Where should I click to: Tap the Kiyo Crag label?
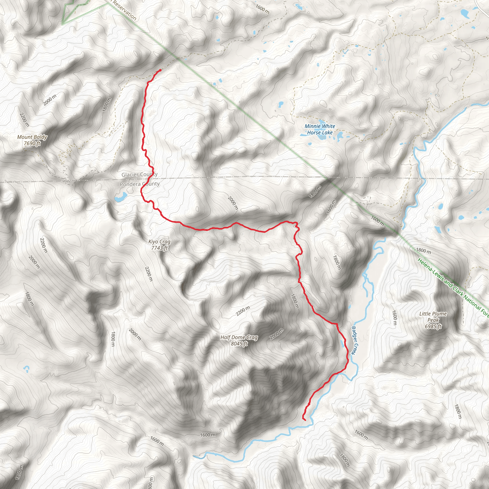point(159,242)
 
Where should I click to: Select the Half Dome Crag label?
point(239,337)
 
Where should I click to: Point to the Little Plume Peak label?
point(433,317)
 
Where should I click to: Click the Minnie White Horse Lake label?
point(320,129)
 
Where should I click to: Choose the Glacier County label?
point(139,174)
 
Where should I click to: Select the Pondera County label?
point(139,184)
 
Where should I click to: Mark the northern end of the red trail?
point(160,70)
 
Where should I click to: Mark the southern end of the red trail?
point(305,420)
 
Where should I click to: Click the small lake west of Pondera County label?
point(121,197)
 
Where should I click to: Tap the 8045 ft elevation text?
point(239,344)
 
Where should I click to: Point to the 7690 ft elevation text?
point(32,144)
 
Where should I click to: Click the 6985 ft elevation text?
point(433,326)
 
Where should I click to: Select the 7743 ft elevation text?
point(159,248)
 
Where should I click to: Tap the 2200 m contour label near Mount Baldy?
point(24,119)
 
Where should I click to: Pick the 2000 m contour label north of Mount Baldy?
point(50,100)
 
